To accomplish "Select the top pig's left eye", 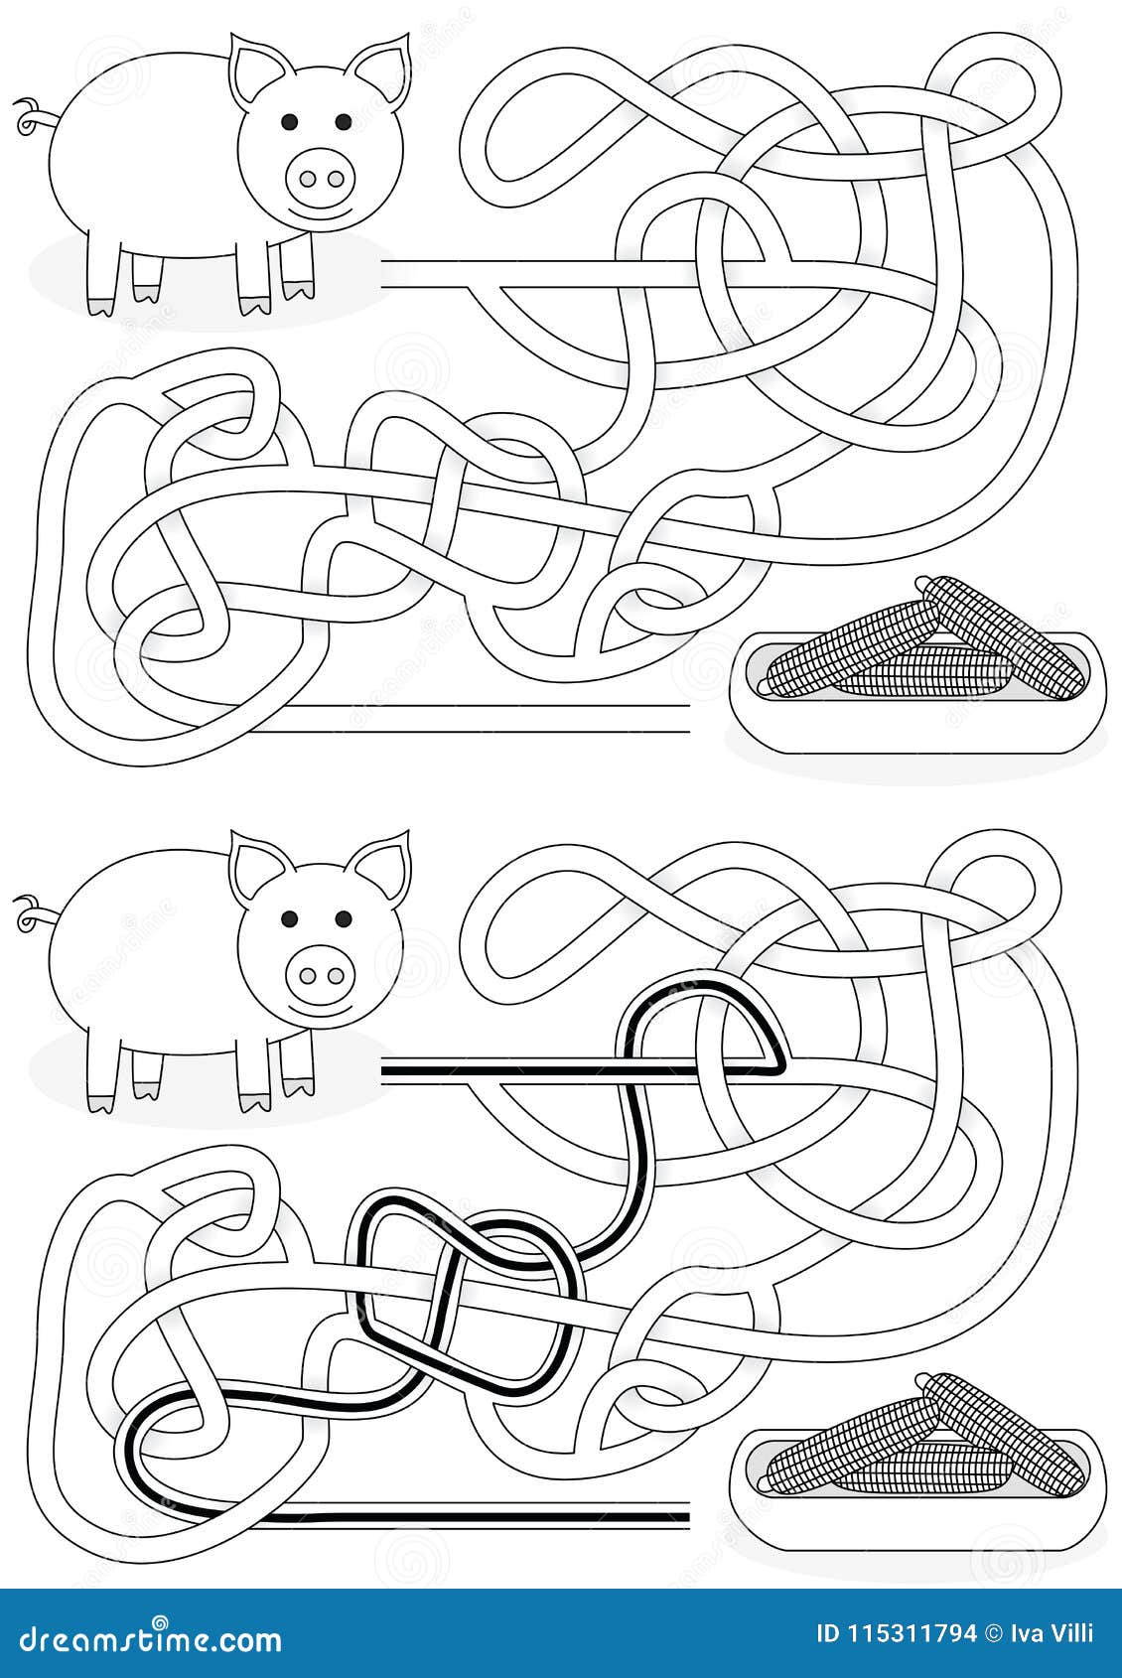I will coord(288,121).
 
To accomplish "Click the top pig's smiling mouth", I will coord(320,212).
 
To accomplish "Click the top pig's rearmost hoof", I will coord(99,305).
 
